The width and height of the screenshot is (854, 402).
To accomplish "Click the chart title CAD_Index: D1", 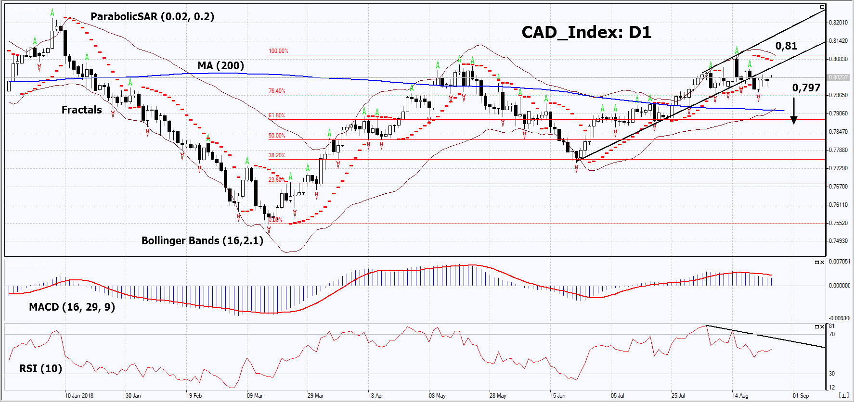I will (586, 33).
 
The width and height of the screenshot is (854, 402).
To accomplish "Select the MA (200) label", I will (220, 65).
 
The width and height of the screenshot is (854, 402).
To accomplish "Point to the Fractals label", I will (82, 110).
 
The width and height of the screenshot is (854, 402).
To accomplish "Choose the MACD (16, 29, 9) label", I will (72, 307).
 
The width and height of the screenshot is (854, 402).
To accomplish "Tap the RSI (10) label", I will (40, 368).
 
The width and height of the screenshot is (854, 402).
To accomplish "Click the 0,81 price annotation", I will (786, 46).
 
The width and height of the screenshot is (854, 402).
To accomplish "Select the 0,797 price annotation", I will (806, 88).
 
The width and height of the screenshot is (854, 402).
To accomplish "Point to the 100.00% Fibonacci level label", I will (278, 51).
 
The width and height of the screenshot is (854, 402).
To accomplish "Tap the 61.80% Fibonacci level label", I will (277, 115).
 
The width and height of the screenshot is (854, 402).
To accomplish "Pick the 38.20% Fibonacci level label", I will (277, 155).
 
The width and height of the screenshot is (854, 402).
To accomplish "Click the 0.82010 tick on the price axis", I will (838, 23).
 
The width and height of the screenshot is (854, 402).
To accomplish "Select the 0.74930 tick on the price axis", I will (838, 241).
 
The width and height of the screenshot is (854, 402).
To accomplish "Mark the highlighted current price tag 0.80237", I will (838, 77).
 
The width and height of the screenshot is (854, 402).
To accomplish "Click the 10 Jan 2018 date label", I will (79, 396).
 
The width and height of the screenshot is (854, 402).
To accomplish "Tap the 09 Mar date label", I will (255, 396).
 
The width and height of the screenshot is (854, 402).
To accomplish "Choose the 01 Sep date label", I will (801, 396).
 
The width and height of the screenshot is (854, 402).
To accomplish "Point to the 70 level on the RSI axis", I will (832, 334).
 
